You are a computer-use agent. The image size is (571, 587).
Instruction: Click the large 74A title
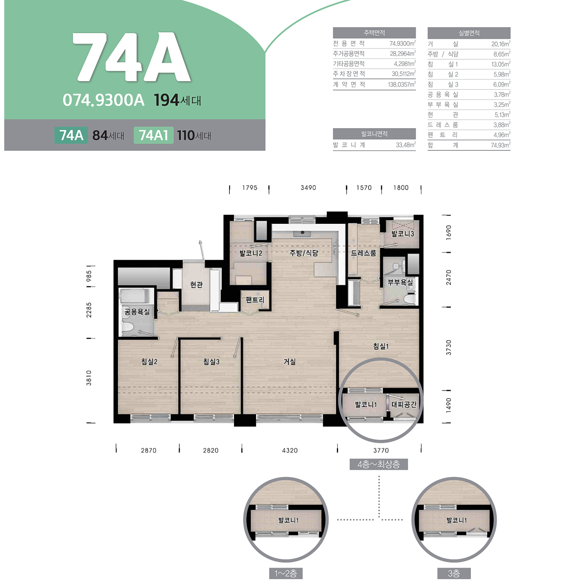click(132, 57)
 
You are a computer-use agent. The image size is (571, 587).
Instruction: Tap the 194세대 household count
click(178, 100)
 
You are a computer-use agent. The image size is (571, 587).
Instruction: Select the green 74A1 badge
click(154, 135)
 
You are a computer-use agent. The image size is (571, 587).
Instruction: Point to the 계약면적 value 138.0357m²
click(402, 85)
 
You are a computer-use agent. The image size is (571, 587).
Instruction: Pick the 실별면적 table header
click(469, 33)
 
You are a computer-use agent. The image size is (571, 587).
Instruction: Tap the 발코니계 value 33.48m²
click(406, 145)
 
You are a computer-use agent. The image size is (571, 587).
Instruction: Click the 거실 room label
click(290, 362)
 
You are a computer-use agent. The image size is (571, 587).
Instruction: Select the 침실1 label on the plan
click(381, 346)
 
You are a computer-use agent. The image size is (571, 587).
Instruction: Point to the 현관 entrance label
click(196, 285)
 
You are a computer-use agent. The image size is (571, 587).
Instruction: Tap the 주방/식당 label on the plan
click(304, 253)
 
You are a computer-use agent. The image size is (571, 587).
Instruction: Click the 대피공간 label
click(404, 404)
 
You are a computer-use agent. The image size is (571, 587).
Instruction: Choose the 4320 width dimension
click(290, 450)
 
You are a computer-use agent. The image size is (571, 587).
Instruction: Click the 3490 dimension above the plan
click(308, 188)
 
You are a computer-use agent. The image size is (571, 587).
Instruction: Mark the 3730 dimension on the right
click(448, 347)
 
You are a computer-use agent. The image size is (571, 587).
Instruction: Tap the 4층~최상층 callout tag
click(379, 464)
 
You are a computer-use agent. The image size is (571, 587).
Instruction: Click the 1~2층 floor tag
click(286, 573)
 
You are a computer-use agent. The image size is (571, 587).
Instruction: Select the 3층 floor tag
click(454, 573)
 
